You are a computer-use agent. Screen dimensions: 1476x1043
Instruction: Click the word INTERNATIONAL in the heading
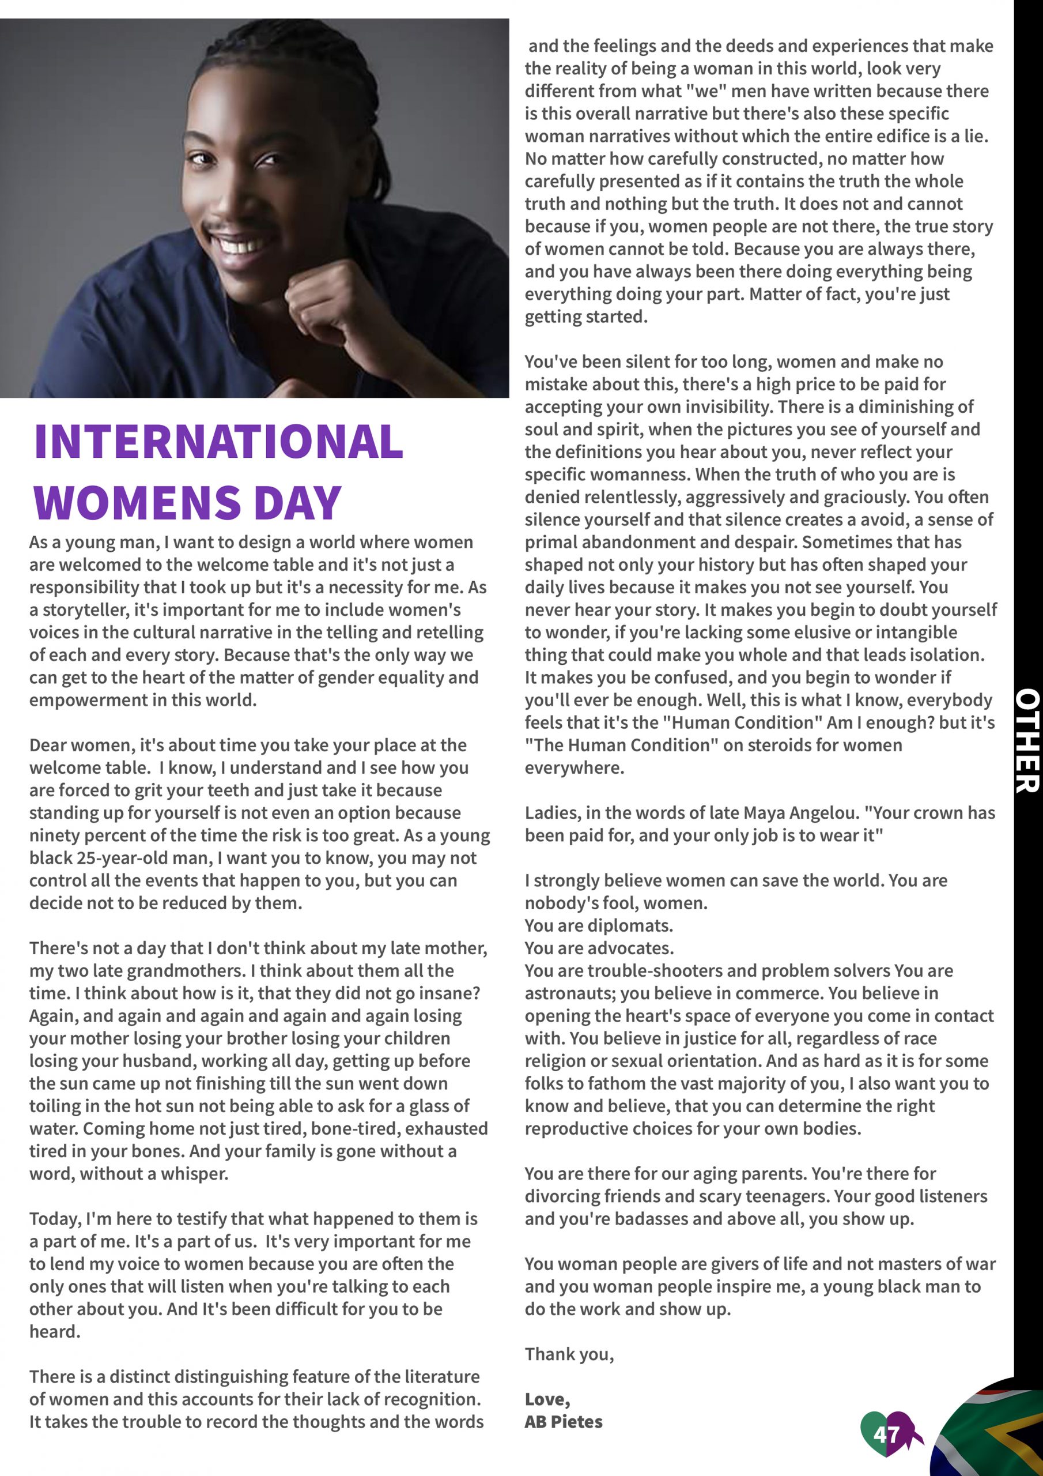click(x=218, y=442)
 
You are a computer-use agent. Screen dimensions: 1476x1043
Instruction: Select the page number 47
click(x=886, y=1434)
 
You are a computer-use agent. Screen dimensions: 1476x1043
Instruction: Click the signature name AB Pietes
click(x=564, y=1421)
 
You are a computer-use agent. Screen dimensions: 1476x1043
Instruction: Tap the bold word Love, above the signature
click(x=547, y=1399)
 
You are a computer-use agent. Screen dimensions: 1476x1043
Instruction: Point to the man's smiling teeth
click(x=239, y=245)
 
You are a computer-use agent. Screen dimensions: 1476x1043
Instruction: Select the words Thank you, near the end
click(x=569, y=1354)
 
